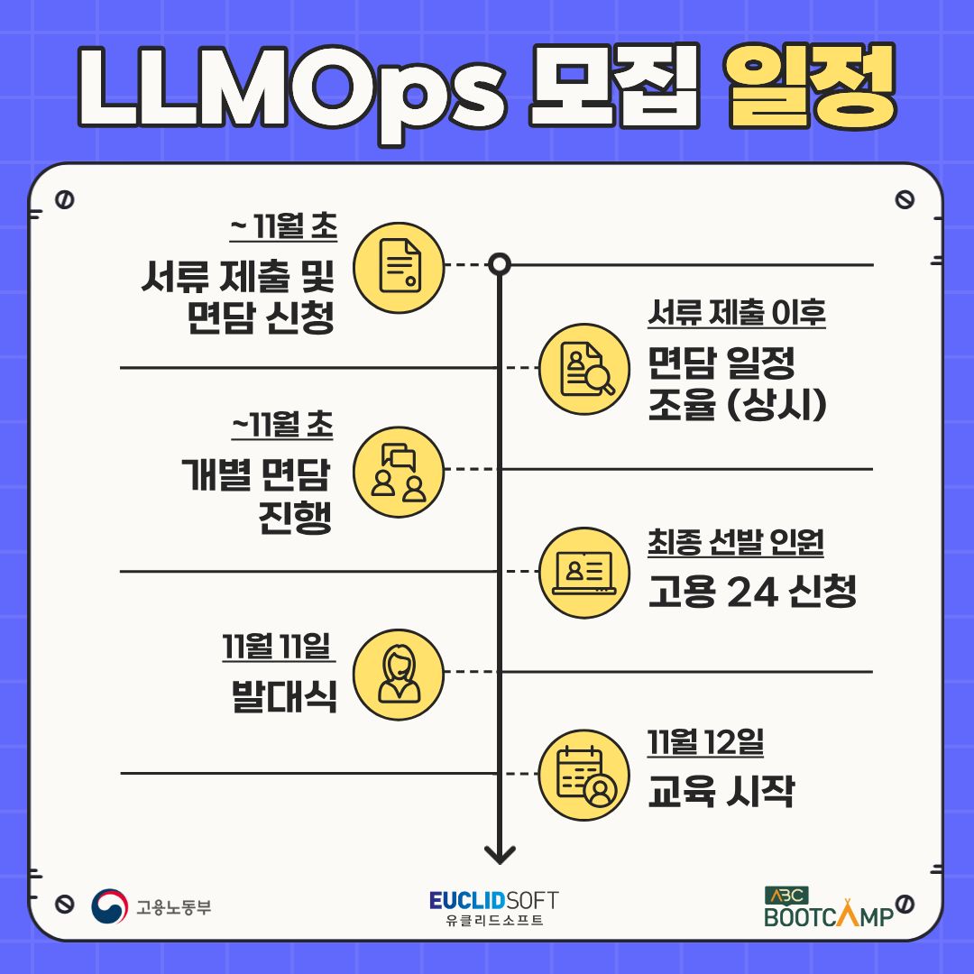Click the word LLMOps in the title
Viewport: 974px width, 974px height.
click(292, 93)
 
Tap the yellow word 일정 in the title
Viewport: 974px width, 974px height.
click(812, 87)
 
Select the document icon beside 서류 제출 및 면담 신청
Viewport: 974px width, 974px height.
click(399, 267)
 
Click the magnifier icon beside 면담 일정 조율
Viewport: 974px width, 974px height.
click(583, 369)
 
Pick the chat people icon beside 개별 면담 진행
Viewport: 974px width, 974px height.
click(399, 472)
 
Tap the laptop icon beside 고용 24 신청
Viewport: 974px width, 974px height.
click(583, 572)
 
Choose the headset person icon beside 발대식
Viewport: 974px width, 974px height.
click(399, 674)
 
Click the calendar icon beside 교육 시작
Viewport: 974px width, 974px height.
click(583, 775)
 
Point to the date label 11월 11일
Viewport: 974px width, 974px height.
click(277, 646)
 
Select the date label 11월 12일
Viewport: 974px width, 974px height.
click(705, 741)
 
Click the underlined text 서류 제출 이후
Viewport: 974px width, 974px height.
click(737, 312)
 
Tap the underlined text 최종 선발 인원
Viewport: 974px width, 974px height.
click(736, 542)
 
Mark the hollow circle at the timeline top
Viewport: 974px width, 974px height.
click(500, 264)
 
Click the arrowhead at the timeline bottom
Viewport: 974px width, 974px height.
click(500, 855)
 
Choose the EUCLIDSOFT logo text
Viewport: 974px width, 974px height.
click(494, 900)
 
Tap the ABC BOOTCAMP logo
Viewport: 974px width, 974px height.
click(829, 907)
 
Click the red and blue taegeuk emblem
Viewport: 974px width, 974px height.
click(109, 906)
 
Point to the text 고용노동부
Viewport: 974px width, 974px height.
click(174, 907)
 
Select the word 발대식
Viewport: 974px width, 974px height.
click(284, 695)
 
